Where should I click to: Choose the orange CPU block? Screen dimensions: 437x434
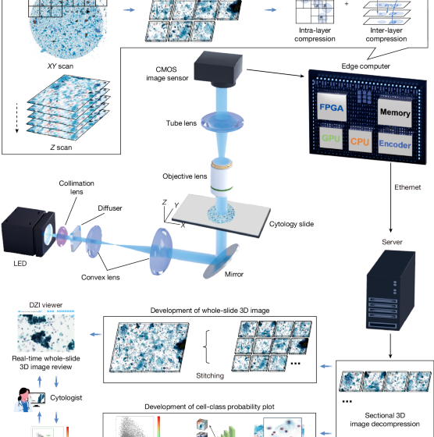tap(359, 143)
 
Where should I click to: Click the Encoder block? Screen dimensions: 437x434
tap(399, 144)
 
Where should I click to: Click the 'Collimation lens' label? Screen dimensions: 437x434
tap(72, 189)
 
